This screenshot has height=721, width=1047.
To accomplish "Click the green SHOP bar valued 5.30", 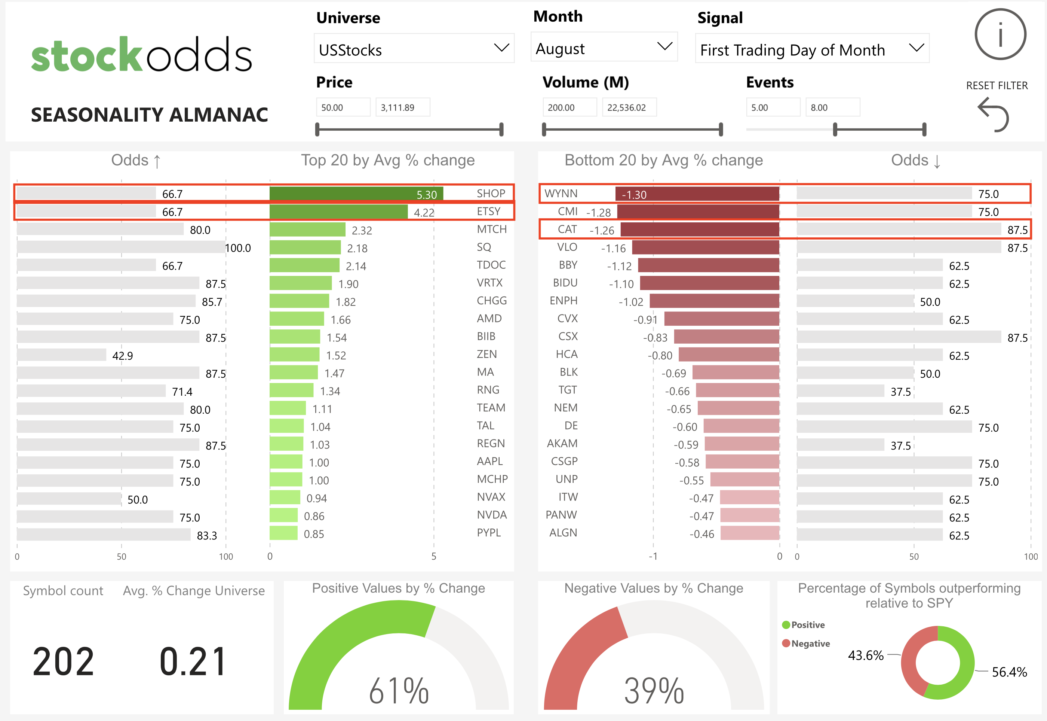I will point(356,194).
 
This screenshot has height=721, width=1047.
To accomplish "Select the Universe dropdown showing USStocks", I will point(414,49).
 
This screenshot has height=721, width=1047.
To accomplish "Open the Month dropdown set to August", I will point(604,48).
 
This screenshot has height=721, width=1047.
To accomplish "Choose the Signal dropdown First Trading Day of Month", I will point(811,49).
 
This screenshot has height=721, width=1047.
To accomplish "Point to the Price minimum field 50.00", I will point(343,107).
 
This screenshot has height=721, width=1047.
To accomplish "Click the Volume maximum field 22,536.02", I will point(629,107).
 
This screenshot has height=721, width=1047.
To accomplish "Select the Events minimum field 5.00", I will point(773,107).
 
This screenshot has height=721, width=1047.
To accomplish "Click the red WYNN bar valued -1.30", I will point(697,194).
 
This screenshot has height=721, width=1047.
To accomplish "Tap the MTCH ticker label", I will point(491,229).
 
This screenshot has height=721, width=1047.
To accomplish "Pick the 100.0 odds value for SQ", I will point(238,248).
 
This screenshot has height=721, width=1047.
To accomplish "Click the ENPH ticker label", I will point(563,301).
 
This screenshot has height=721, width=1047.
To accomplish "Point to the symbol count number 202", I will point(63,662).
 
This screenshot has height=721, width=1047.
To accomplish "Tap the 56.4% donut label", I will point(1009,672).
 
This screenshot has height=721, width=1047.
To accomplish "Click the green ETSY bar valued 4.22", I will point(338,212).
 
